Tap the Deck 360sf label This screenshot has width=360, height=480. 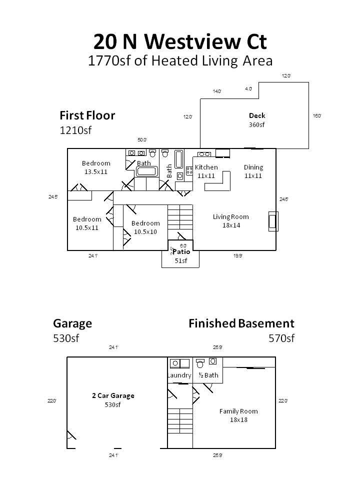coord(257,120)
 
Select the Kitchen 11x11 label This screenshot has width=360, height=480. coord(206,171)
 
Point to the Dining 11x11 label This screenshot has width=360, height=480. coord(253,171)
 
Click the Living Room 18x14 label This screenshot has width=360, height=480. coord(230,221)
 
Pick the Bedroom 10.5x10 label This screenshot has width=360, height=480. coord(145,227)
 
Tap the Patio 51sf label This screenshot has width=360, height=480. coord(181,256)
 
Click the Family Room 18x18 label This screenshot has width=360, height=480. coord(238,415)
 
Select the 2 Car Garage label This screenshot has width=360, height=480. coord(113,400)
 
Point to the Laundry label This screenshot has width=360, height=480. coord(179,375)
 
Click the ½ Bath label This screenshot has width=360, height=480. coord(208,375)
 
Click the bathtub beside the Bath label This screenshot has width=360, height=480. coord(146,171)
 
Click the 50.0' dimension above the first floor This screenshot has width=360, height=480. coord(142,140)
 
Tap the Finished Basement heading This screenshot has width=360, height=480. coord(241,323)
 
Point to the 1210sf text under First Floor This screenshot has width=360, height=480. coord(76,131)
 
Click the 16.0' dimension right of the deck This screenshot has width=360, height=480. coord(317,116)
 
